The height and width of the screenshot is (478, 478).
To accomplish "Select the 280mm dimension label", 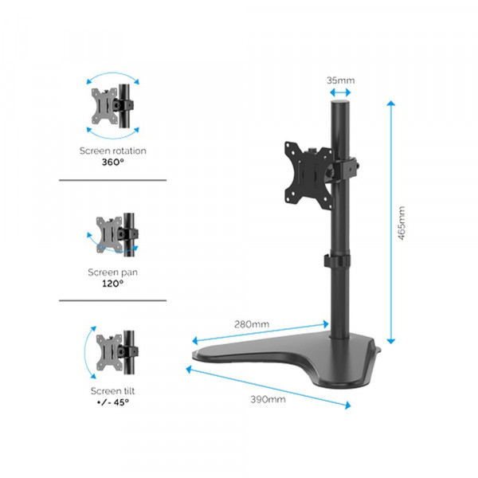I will coord(253,323).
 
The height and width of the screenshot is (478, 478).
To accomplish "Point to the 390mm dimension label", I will coord(268,399).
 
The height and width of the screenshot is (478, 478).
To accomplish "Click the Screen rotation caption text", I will coord(112,150).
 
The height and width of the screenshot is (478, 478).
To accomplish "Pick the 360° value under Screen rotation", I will coord(112,162).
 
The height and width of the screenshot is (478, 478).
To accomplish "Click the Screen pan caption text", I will coord(112,272).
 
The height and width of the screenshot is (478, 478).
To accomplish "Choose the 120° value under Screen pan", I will coord(112,283).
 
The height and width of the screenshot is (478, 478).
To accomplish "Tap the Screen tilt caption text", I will coord(112,390).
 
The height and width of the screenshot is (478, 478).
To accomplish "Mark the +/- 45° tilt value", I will coord(112,402).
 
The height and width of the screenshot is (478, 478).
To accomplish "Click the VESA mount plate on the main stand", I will coord(304,168).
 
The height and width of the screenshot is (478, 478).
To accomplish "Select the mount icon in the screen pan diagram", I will coord(112,233).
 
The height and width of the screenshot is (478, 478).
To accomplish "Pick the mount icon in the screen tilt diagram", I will coord(112,349).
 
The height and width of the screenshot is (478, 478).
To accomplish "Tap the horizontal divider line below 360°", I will coord(112,180).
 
